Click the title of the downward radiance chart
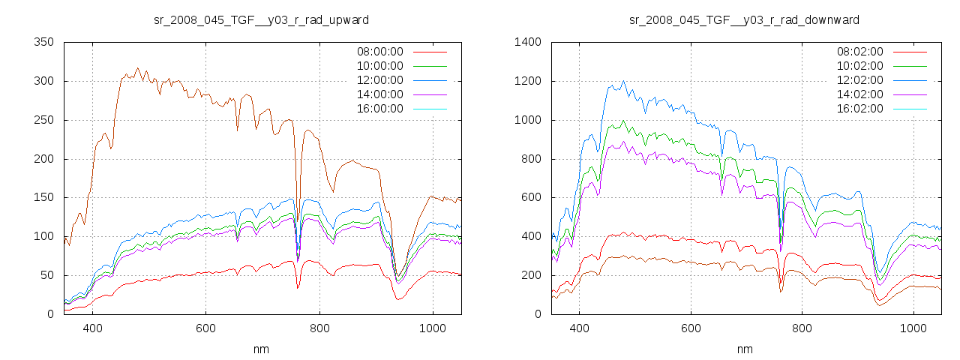[x=744, y=19]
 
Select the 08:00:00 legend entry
[x=379, y=52]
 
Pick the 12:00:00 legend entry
[x=379, y=80]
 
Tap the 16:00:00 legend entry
[x=379, y=109]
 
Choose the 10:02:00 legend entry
[x=859, y=66]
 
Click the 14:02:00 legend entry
[x=859, y=94]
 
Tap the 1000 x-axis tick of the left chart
[x=433, y=328]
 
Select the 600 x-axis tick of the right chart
[x=691, y=328]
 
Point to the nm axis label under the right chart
[x=744, y=349]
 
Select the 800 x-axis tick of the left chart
[x=319, y=328]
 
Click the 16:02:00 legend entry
[x=859, y=109]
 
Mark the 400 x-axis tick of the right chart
[x=579, y=328]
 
